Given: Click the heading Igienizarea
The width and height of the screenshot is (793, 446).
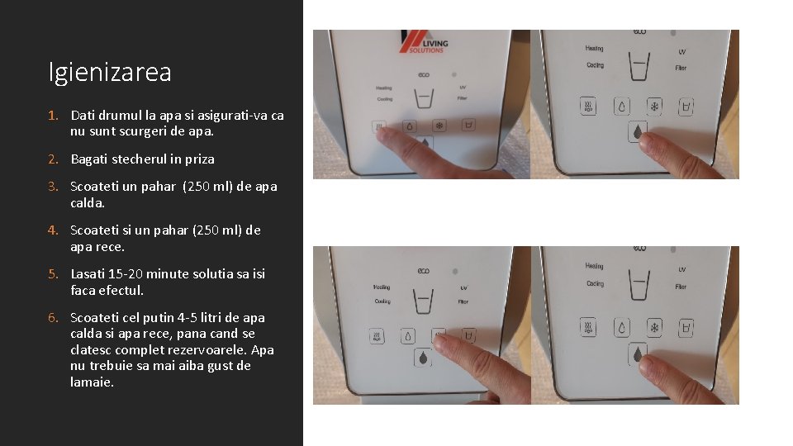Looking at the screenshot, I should [x=110, y=73].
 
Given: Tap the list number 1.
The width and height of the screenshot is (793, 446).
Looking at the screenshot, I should [x=52, y=115].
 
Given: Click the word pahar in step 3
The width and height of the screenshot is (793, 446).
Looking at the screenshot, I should [x=158, y=187].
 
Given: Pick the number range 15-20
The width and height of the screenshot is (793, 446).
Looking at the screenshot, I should [x=126, y=274].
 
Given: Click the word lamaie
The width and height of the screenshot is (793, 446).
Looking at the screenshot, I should [x=92, y=382].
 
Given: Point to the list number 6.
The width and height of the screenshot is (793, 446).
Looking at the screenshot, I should [x=52, y=318].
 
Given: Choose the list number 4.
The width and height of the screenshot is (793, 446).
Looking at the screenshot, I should [x=52, y=230].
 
